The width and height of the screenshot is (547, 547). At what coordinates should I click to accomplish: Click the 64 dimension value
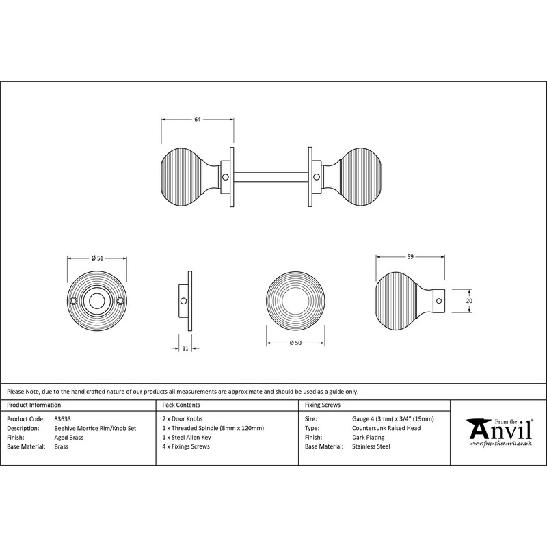[198, 119]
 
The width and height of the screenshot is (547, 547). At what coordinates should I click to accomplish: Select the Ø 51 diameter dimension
[97, 258]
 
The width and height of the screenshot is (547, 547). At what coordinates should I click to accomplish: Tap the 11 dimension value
[185, 348]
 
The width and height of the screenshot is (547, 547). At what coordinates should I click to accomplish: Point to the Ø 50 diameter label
[295, 343]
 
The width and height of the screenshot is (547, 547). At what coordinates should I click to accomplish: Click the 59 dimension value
[410, 257]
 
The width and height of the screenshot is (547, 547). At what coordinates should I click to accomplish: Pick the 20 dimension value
[469, 301]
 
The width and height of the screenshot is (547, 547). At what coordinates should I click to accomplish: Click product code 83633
[62, 419]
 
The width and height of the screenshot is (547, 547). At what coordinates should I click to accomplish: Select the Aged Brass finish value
[69, 438]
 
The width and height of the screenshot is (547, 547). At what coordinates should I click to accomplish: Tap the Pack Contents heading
[181, 405]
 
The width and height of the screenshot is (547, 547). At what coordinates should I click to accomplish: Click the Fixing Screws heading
[323, 405]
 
